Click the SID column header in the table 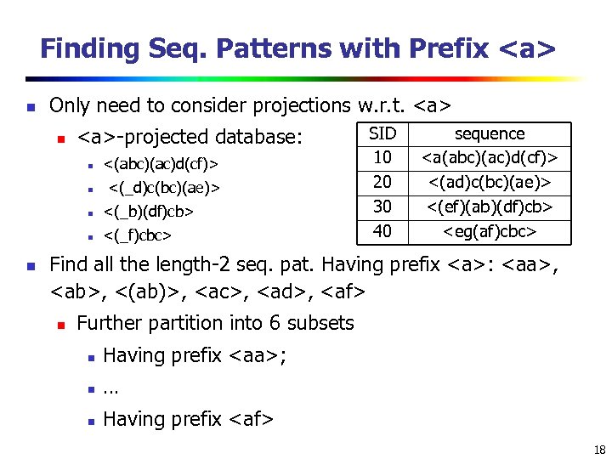tap(382, 133)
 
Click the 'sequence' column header tap(490, 133)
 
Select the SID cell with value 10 tap(382, 157)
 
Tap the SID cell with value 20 tap(382, 182)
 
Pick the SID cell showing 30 tap(382, 207)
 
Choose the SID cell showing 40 tap(382, 231)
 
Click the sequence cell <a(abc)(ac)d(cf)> tap(490, 157)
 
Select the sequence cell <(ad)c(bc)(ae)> tap(490, 182)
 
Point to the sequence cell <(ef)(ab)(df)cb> tap(490, 207)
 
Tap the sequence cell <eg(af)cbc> tap(490, 231)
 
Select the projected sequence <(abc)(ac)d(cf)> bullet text tap(161, 162)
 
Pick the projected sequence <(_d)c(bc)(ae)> tap(164, 186)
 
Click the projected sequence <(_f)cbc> tap(138, 234)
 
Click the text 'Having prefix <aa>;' tap(195, 355)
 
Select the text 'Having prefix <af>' tap(188, 419)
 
